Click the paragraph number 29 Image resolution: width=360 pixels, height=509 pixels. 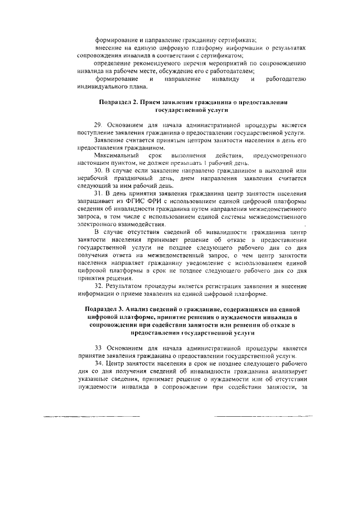pyautogui.click(x=98, y=124)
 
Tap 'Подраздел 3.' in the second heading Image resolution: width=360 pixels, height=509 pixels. pyautogui.click(x=106, y=309)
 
